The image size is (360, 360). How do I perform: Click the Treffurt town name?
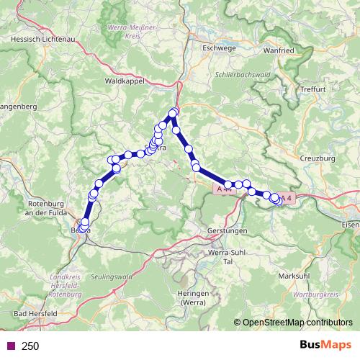click(x=315, y=89)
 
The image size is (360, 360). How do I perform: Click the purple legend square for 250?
click(x=9, y=346)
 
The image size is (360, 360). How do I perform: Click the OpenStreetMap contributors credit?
click(x=294, y=323)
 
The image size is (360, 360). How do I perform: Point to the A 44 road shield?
click(x=222, y=188)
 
